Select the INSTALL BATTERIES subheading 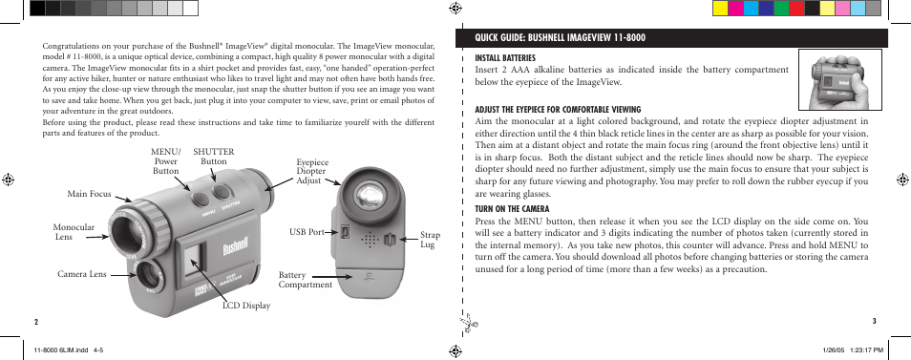pyautogui.click(x=504, y=58)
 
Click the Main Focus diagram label pyautogui.click(x=89, y=195)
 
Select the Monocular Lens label pyautogui.click(x=74, y=231)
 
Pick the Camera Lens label pyautogui.click(x=81, y=275)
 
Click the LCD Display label pyautogui.click(x=246, y=306)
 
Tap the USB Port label pyautogui.click(x=307, y=232)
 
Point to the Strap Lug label pyautogui.click(x=430, y=240)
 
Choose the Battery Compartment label pyautogui.click(x=305, y=280)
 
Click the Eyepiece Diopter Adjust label pyautogui.click(x=311, y=171)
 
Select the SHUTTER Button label pyautogui.click(x=213, y=157)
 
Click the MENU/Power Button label pyautogui.click(x=165, y=161)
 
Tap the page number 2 pyautogui.click(x=35, y=322)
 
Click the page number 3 pyautogui.click(x=875, y=322)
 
